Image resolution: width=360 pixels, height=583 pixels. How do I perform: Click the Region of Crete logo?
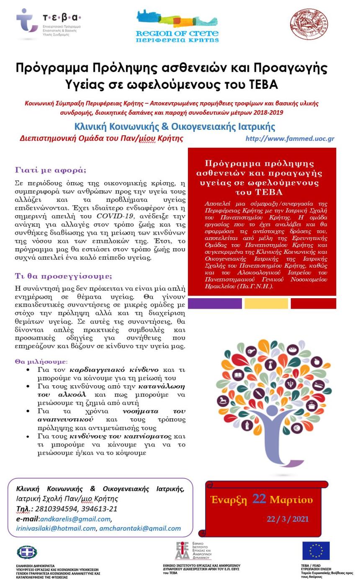(177, 26)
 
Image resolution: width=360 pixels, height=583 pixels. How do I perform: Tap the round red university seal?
(309, 24)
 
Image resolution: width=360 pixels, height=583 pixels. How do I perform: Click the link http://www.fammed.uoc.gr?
(290, 139)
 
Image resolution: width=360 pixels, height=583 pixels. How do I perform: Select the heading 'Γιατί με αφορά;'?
(51, 170)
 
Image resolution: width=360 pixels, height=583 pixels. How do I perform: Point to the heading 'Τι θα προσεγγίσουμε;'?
(64, 276)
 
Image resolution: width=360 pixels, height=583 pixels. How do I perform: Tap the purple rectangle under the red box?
(215, 304)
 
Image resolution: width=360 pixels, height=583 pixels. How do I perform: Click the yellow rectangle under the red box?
(266, 304)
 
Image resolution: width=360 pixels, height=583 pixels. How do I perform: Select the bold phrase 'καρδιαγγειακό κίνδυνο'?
(114, 370)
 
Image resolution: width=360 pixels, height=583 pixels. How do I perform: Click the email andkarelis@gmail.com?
(75, 519)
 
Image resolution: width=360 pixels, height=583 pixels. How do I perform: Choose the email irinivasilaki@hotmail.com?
(56, 529)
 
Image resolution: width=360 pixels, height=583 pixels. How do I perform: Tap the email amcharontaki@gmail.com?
(140, 529)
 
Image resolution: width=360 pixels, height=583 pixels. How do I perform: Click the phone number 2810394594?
(56, 509)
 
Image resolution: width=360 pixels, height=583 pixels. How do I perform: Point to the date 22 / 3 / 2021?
(288, 519)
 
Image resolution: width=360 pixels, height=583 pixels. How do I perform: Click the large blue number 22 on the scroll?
(259, 499)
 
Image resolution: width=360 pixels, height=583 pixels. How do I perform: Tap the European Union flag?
(316, 550)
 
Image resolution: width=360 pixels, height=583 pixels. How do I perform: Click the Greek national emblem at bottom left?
(27, 552)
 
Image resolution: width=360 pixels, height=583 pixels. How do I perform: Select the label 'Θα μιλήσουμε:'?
(41, 361)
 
